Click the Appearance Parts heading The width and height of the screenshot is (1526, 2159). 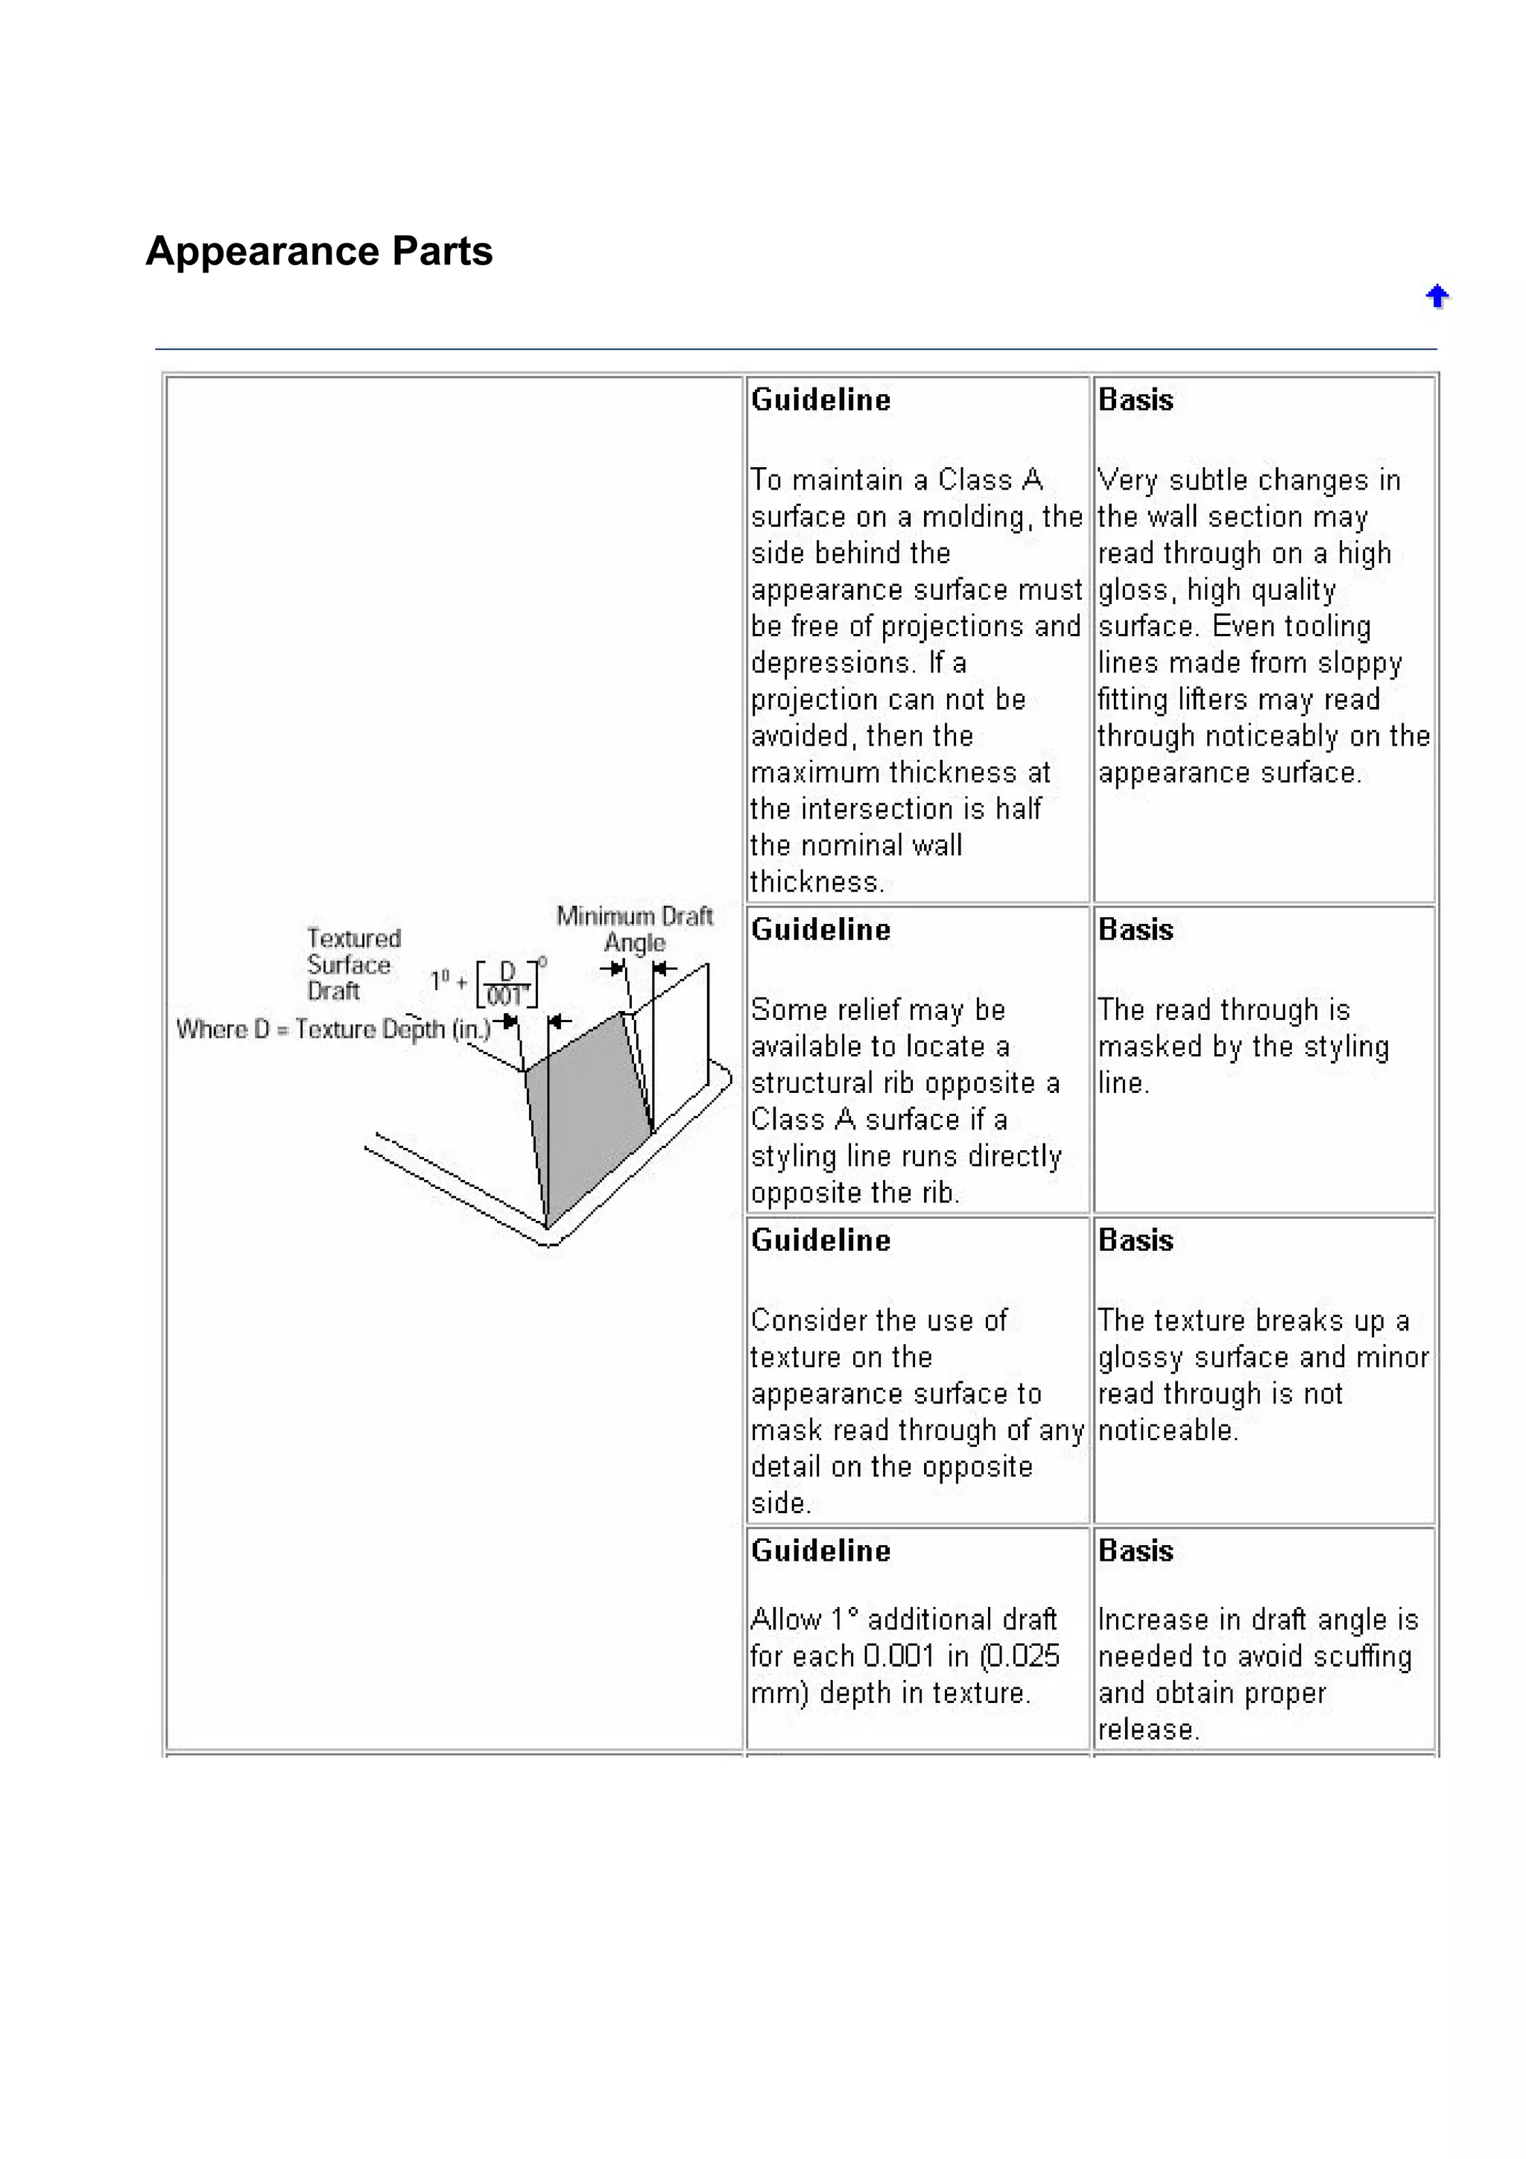point(319,251)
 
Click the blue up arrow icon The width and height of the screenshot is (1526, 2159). point(1436,297)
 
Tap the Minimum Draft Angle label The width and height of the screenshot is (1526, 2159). point(635,928)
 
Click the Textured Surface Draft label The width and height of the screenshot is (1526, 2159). point(352,964)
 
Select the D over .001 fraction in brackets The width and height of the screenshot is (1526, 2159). point(507,983)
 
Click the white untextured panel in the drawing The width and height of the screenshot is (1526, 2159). point(679,1044)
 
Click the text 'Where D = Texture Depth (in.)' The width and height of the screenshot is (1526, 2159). point(333,1029)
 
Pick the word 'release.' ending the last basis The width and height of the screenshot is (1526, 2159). point(1148,1729)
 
